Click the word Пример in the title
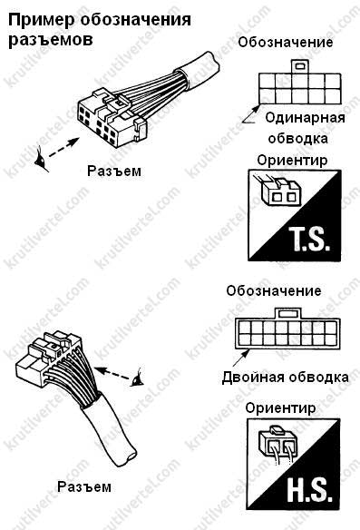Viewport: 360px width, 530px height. (x=41, y=20)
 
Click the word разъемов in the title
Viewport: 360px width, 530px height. (x=50, y=40)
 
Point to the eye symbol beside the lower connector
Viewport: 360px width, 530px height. (x=138, y=378)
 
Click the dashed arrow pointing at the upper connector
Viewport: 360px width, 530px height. (x=64, y=147)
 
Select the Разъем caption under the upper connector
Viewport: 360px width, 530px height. (x=114, y=171)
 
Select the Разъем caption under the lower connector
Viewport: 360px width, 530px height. (x=84, y=487)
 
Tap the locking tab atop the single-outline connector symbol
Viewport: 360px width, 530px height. (x=299, y=65)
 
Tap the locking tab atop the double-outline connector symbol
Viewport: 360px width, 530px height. (x=287, y=313)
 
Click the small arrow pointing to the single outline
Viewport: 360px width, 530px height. (x=251, y=113)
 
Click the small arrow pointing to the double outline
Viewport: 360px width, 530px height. (x=241, y=358)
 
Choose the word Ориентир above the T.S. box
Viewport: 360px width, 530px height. (x=292, y=161)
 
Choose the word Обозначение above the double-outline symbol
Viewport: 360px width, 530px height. (x=274, y=291)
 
